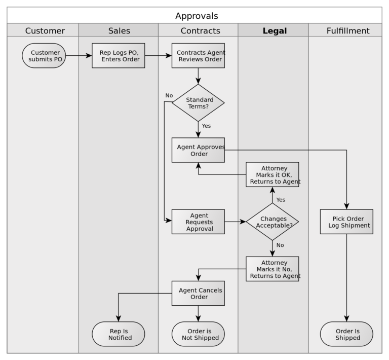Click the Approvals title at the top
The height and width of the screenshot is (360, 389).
pos(197,16)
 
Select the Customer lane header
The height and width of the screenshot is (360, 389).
pos(45,31)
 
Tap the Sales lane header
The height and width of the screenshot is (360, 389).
pos(119,31)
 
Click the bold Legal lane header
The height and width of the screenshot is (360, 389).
pos(275,31)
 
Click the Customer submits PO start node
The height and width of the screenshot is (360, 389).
pos(45,56)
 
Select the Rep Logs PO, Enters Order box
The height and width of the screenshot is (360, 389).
pos(119,56)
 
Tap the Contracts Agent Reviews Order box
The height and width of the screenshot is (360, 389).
pos(198,56)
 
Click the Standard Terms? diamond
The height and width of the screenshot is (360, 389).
pos(198,103)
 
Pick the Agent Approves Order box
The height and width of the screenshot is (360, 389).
pos(198,150)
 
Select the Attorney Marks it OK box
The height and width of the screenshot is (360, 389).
pos(273,174)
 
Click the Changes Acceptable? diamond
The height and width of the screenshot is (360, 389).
pos(273,222)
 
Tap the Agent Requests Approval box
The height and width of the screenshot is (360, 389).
pos(198,222)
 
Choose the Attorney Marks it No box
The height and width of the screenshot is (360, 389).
pos(273,269)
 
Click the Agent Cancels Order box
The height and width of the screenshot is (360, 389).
pos(198,293)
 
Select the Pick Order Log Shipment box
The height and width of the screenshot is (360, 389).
pos(346,222)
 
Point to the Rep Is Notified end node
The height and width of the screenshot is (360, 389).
pos(119,334)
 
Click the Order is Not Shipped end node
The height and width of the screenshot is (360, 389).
pos(198,334)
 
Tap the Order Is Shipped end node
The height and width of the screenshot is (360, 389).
pos(346,334)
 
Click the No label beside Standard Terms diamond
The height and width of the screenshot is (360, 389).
pos(169,95)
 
